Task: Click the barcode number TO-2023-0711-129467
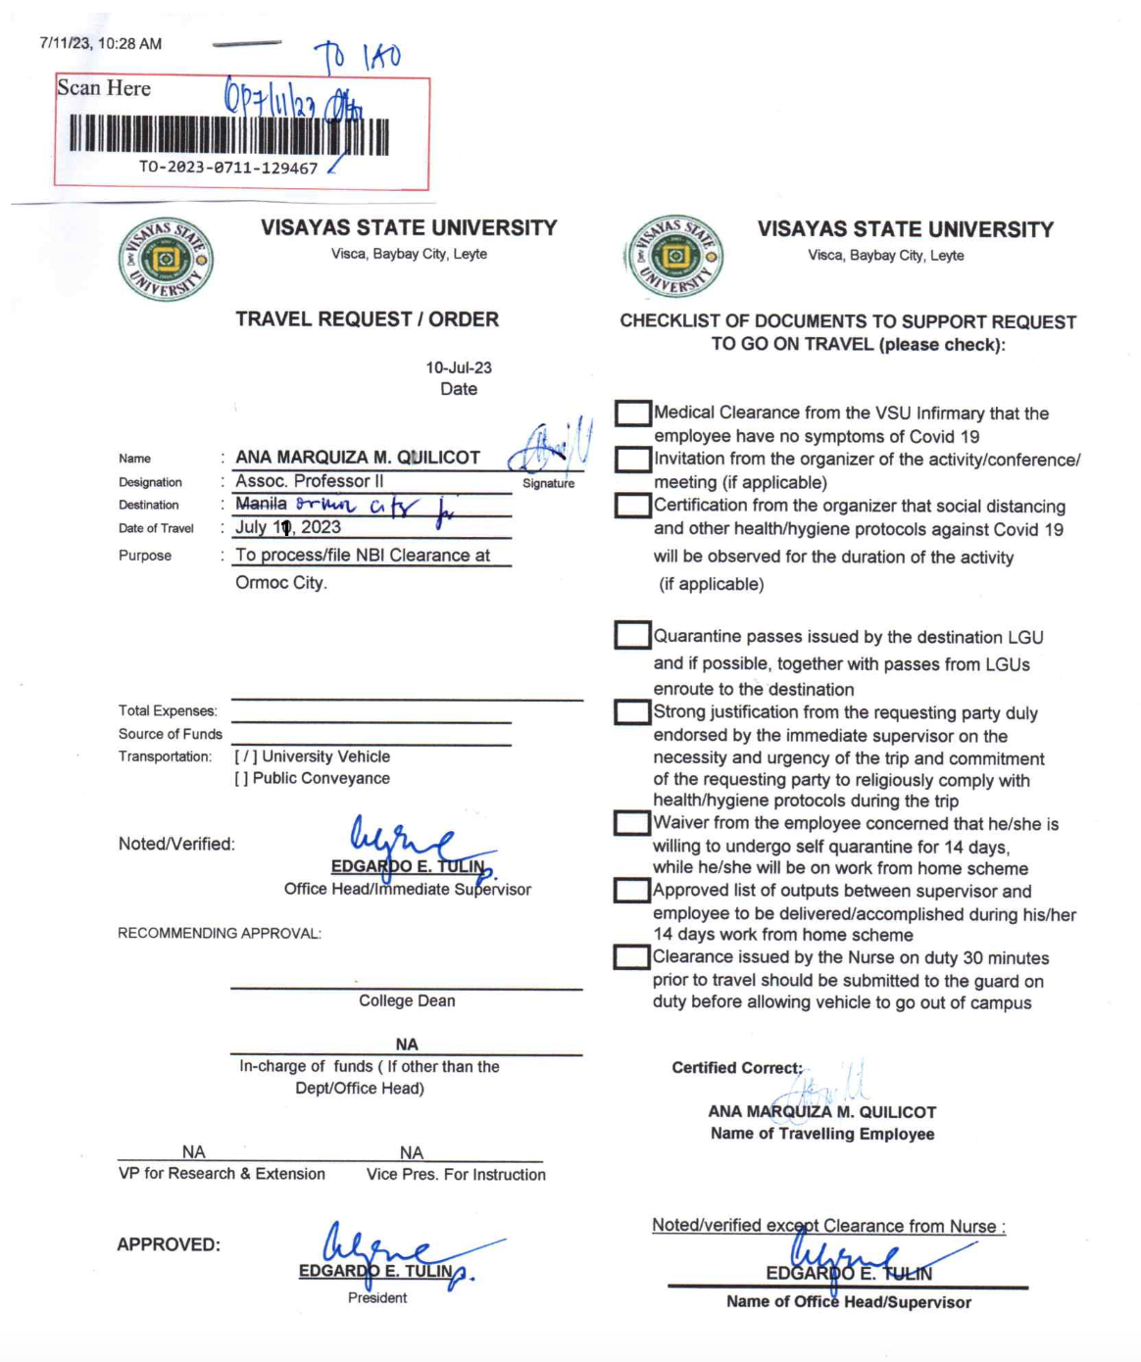(x=228, y=168)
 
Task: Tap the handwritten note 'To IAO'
(x=358, y=58)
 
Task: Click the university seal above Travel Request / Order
(x=166, y=260)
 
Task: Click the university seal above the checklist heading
(x=674, y=257)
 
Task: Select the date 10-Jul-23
(x=458, y=368)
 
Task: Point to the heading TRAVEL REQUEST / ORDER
(x=367, y=319)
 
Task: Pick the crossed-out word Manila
(x=261, y=504)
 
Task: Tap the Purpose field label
(x=145, y=556)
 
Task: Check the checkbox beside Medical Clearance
(x=633, y=413)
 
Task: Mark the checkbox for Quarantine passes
(x=632, y=636)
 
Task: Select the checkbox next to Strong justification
(x=632, y=712)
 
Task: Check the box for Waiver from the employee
(x=632, y=823)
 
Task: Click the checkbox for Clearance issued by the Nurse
(x=632, y=957)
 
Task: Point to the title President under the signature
(x=377, y=1298)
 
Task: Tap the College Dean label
(x=407, y=1000)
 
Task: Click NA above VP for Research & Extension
(x=194, y=1152)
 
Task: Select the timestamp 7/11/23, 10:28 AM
(x=101, y=44)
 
